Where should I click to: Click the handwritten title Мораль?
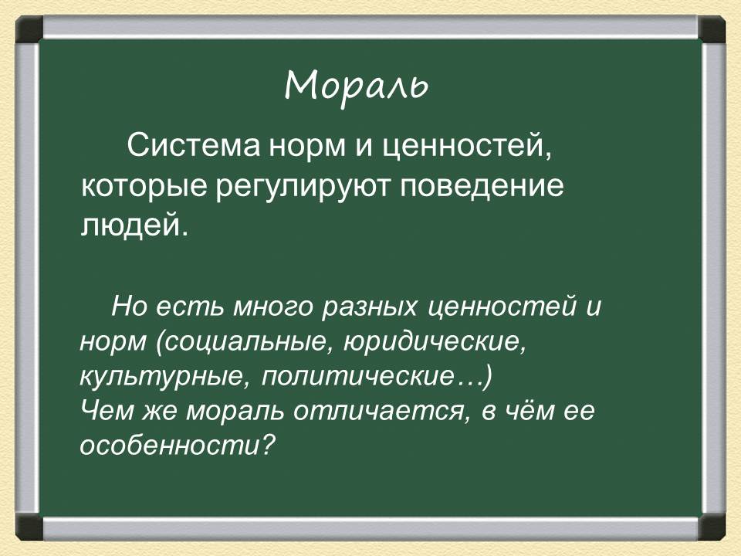(356, 86)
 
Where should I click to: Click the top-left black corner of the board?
(29, 30)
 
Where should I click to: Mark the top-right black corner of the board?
(712, 30)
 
